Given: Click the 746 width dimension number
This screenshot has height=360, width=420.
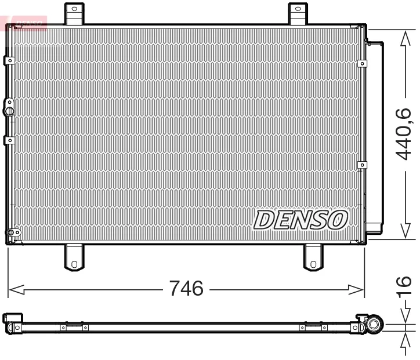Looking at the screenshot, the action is pyautogui.click(x=186, y=288).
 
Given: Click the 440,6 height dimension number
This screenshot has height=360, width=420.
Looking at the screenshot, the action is pyautogui.click(x=403, y=134).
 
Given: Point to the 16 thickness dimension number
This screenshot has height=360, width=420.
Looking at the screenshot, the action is pyautogui.click(x=403, y=286).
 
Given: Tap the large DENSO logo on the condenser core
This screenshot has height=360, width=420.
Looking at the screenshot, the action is pyautogui.click(x=300, y=220).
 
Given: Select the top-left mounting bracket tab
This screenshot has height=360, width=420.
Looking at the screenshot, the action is pyautogui.click(x=74, y=13).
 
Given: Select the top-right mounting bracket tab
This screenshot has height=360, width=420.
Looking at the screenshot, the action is pyautogui.click(x=298, y=13).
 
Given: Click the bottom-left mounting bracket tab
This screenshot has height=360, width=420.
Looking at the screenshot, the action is pyautogui.click(x=74, y=257).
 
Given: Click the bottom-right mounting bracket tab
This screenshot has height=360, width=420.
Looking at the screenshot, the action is pyautogui.click(x=313, y=257).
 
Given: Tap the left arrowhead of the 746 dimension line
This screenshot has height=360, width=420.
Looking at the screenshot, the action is pyautogui.click(x=16, y=290).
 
